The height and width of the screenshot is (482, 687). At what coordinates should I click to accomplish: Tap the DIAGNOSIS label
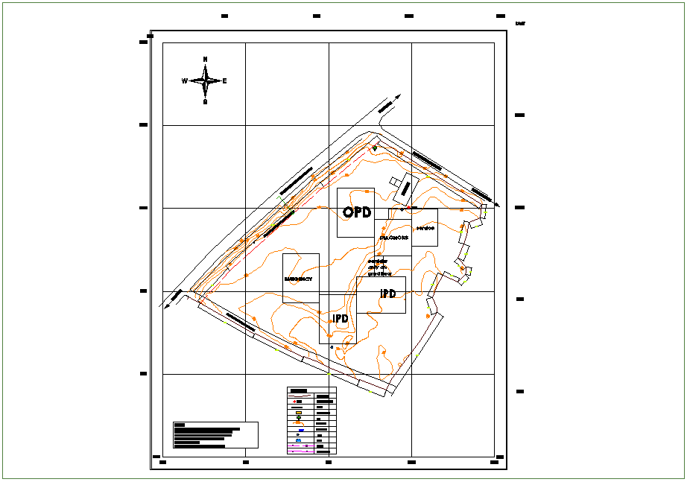[393, 238]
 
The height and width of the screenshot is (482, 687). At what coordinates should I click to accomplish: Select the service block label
[425, 228]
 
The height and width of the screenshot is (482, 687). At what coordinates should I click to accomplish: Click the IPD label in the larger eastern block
[388, 294]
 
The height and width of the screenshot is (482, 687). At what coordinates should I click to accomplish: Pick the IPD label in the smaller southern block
[341, 319]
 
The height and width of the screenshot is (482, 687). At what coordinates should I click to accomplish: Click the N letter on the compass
[206, 59]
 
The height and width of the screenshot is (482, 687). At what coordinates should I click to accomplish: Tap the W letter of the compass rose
[184, 81]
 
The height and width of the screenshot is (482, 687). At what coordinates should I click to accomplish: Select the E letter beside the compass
[224, 81]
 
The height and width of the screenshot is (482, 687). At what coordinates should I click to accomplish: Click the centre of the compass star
[205, 80]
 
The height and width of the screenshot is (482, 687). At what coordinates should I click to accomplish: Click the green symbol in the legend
[299, 418]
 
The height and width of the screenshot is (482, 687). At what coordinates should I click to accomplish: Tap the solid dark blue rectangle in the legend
[300, 431]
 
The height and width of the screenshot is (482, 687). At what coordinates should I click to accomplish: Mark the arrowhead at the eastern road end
[497, 205]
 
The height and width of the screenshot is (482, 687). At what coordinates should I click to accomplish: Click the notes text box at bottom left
[215, 435]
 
